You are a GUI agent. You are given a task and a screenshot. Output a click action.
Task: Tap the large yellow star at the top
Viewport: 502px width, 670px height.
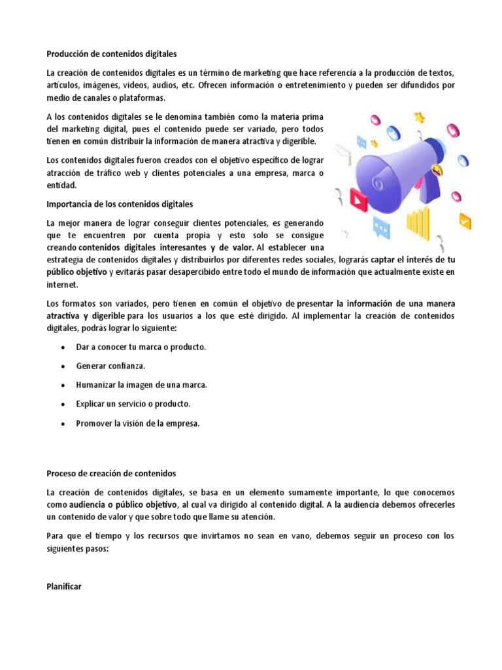(420, 118)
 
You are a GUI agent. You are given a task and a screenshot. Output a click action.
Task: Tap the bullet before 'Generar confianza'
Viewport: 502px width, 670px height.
(62, 366)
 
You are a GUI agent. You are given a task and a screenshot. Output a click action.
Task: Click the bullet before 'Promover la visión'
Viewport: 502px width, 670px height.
(62, 423)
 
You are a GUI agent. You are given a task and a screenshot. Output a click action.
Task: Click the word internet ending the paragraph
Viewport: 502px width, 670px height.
(61, 285)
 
